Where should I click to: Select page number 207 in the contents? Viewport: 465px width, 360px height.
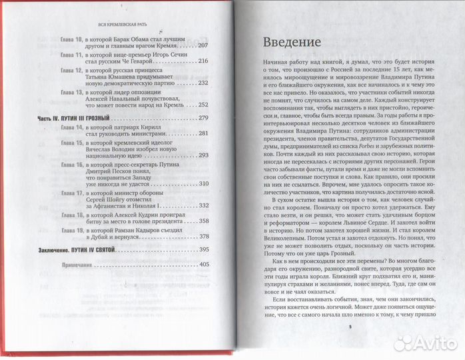(x=204, y=45)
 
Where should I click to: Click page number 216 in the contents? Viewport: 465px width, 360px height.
(x=204, y=61)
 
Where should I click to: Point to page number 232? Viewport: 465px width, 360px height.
(x=204, y=83)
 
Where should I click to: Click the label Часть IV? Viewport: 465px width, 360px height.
(x=49, y=117)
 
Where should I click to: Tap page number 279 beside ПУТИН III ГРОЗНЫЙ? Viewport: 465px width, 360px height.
(x=204, y=117)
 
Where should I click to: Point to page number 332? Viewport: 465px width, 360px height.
(x=204, y=205)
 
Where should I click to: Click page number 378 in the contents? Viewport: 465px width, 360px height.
(x=204, y=237)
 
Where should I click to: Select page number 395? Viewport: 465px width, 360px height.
(x=204, y=249)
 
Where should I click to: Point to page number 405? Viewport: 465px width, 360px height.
(x=204, y=265)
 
